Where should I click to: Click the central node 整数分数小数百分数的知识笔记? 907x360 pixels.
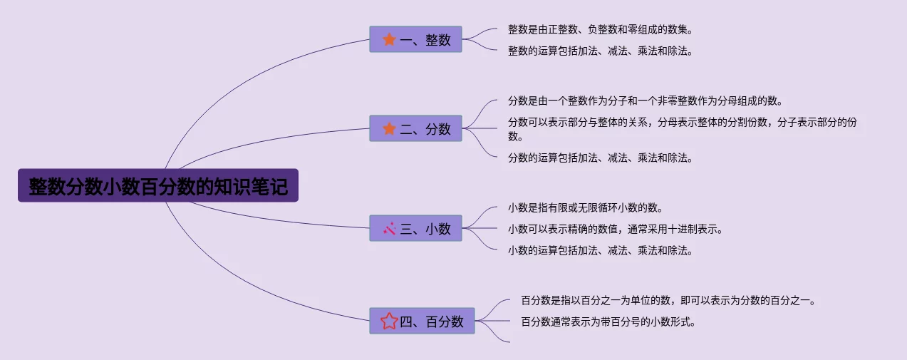[157, 185]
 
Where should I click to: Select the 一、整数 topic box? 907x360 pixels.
[415, 39]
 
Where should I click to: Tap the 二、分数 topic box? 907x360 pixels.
[415, 128]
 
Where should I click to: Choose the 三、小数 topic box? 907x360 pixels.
[415, 228]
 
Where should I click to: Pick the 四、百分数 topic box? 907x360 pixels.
[422, 321]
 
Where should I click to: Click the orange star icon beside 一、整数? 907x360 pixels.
[389, 39]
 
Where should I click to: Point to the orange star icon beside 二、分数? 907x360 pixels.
[389, 128]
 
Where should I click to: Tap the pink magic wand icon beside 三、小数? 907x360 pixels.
[389, 228]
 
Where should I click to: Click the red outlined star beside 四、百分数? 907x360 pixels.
[389, 321]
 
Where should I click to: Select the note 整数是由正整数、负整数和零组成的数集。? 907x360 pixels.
[600, 30]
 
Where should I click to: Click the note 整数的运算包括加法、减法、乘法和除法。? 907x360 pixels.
[600, 51]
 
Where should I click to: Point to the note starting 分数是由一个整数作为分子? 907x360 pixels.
[646, 101]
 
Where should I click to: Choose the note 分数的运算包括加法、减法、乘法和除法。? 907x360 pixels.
[600, 158]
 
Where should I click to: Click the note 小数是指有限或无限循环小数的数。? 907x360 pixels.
[585, 208]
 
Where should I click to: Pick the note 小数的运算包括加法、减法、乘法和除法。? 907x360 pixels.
[600, 251]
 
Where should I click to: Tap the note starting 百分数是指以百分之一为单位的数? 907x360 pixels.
[668, 301]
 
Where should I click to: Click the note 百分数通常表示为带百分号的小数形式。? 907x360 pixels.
[608, 322]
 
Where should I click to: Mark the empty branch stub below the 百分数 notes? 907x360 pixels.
[507, 341]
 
